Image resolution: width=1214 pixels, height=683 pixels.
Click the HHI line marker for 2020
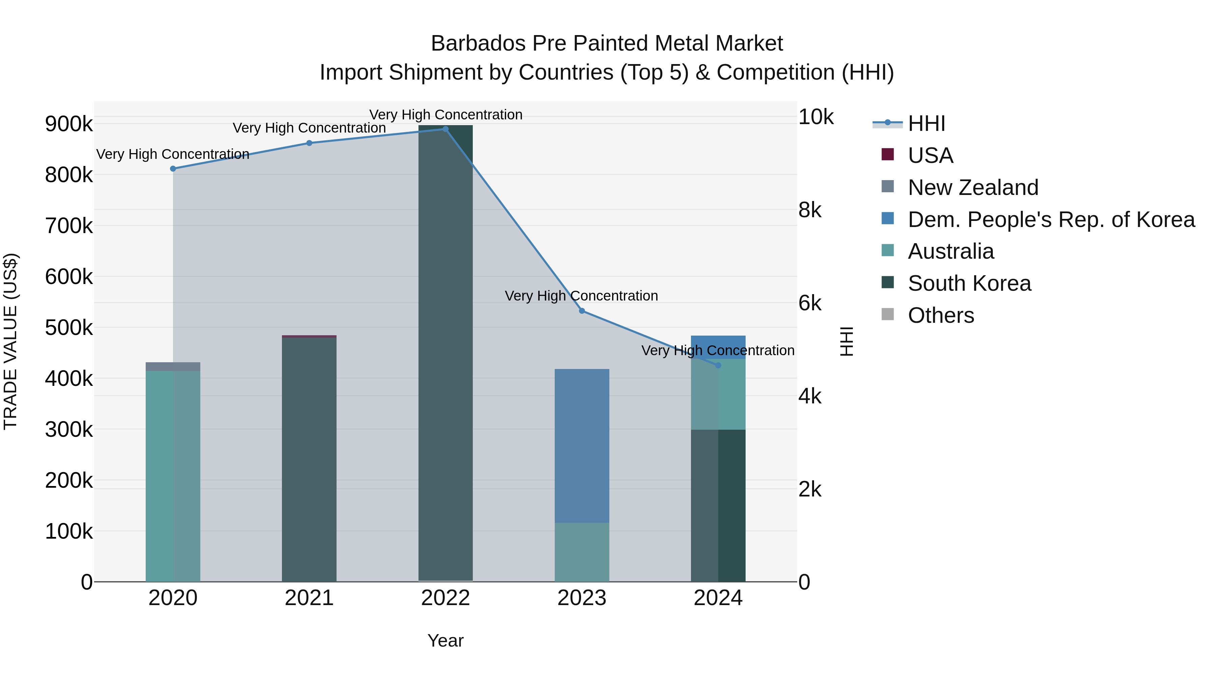(x=173, y=169)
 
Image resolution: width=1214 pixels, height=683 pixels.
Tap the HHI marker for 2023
(x=582, y=311)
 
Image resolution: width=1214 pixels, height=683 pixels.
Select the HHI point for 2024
(x=718, y=365)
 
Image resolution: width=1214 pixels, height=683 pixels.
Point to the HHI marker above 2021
(x=309, y=143)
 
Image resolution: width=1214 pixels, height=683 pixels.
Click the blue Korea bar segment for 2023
(x=582, y=446)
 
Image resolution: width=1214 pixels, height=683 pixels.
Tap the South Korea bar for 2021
(x=309, y=460)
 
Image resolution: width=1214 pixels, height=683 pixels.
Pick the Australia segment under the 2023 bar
(x=582, y=552)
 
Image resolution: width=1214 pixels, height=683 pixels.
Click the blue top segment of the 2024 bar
(x=718, y=347)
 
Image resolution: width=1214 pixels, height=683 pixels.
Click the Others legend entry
(x=940, y=315)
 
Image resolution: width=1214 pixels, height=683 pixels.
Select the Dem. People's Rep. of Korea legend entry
(x=1050, y=220)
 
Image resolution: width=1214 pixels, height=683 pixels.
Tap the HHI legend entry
(x=926, y=123)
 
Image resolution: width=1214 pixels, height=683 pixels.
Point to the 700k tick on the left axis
(x=69, y=226)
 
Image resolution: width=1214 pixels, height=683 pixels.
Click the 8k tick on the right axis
(x=810, y=210)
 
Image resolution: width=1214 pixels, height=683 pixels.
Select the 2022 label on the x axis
(x=445, y=598)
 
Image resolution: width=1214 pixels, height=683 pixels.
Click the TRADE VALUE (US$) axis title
(x=11, y=341)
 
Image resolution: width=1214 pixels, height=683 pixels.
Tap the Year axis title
(x=445, y=641)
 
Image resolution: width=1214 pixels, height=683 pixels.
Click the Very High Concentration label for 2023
(x=581, y=296)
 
